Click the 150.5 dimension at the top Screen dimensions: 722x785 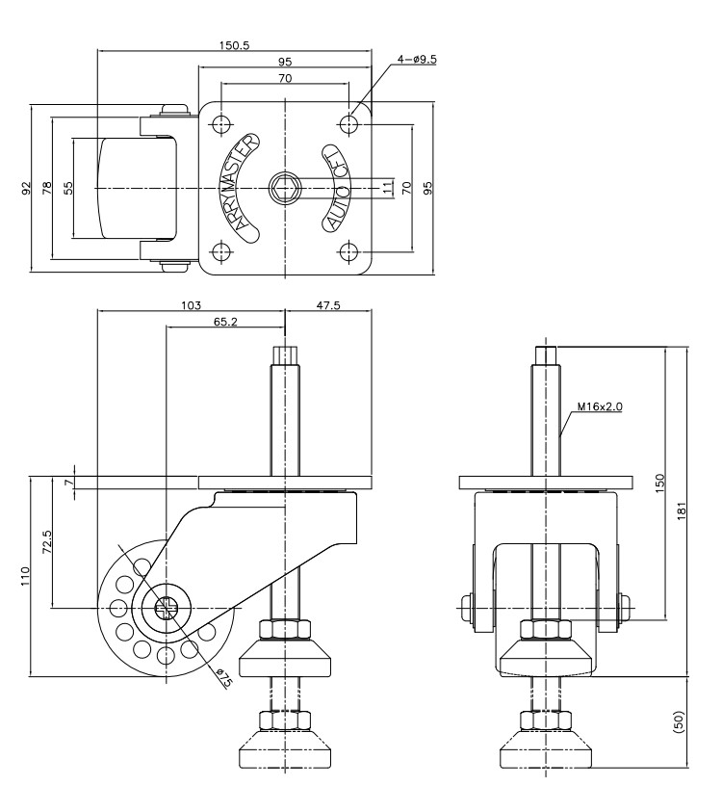234,45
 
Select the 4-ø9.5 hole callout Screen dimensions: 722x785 417,59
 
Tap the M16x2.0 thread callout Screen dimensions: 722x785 600,406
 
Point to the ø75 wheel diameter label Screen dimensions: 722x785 224,677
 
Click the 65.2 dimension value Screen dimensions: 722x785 225,322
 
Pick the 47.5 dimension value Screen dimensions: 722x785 328,305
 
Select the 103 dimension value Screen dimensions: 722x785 191,305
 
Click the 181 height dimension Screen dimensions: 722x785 683,510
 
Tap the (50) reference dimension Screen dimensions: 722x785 679,722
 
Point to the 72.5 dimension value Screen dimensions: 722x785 47,541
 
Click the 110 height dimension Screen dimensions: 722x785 26,576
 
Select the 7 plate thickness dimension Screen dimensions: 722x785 68,483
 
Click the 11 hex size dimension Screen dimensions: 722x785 387,188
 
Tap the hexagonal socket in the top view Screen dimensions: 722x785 285,188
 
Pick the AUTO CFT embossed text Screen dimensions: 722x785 336,188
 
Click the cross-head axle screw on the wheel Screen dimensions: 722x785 166,608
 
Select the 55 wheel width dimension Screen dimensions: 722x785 68,188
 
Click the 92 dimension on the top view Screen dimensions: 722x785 26,188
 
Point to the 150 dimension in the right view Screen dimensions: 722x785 660,483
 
